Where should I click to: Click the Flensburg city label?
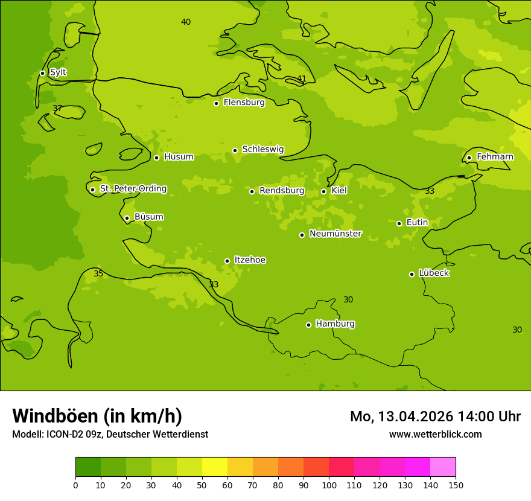(x=244, y=103)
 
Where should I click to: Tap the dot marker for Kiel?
(x=323, y=191)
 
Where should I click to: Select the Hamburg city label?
(x=335, y=324)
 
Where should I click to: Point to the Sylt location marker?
(x=42, y=73)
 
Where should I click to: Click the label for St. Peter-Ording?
(x=133, y=189)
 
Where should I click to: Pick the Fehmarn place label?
(x=495, y=157)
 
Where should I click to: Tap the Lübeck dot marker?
(x=412, y=274)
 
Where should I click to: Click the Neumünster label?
(x=335, y=234)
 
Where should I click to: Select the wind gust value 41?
(x=302, y=79)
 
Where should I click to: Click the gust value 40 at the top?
(x=186, y=22)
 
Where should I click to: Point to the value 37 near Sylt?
(x=57, y=109)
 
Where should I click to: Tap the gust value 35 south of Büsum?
(x=98, y=274)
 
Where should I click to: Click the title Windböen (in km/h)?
(x=97, y=416)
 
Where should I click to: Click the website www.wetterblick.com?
(x=435, y=434)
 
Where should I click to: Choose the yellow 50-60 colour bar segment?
(x=215, y=467)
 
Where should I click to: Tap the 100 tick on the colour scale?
(x=329, y=485)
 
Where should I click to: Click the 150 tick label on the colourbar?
(x=456, y=485)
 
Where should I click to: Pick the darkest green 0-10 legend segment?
(x=88, y=467)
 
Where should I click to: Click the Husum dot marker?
(x=156, y=158)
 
